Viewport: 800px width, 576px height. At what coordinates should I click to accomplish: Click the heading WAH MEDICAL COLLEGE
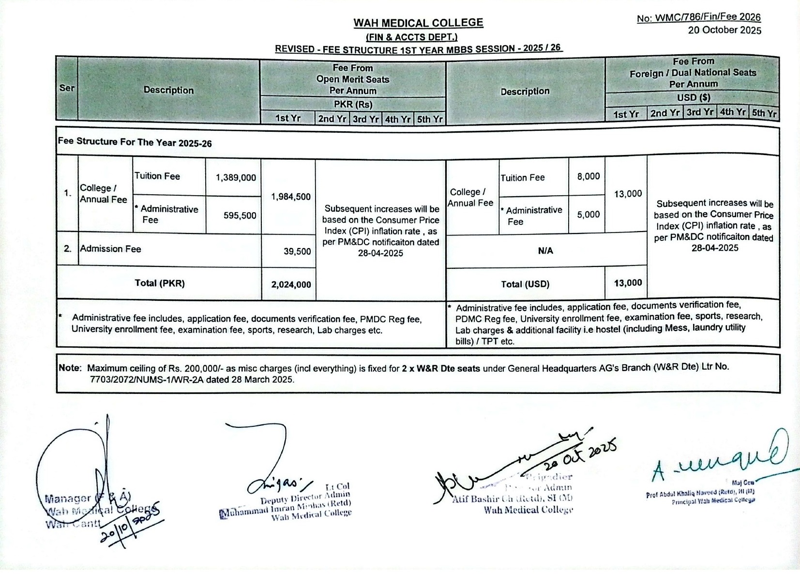click(418, 23)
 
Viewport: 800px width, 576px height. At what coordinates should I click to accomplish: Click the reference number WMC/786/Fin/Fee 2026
click(698, 18)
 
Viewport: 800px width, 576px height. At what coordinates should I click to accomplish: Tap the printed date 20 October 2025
click(725, 31)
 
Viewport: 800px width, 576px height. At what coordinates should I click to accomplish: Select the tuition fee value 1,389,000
click(236, 178)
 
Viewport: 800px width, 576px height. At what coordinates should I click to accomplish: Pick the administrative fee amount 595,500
click(240, 216)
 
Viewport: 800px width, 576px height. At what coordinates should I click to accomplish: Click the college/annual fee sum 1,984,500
click(290, 197)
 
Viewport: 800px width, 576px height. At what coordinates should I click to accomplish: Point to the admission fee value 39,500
click(297, 251)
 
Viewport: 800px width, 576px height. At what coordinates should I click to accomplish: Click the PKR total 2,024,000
click(291, 285)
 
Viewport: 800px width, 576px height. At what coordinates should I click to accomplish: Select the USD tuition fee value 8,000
click(588, 177)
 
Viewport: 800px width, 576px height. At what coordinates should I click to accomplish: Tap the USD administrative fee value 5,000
click(588, 215)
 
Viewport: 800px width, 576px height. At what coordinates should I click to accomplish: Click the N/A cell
click(545, 251)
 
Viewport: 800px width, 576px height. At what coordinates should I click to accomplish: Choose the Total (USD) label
click(525, 284)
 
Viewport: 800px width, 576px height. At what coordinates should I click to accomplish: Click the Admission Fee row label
click(111, 249)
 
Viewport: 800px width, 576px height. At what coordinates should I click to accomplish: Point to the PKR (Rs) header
click(353, 105)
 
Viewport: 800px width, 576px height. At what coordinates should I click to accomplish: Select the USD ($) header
click(693, 98)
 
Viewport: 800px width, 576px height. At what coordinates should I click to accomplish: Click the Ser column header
click(67, 88)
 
